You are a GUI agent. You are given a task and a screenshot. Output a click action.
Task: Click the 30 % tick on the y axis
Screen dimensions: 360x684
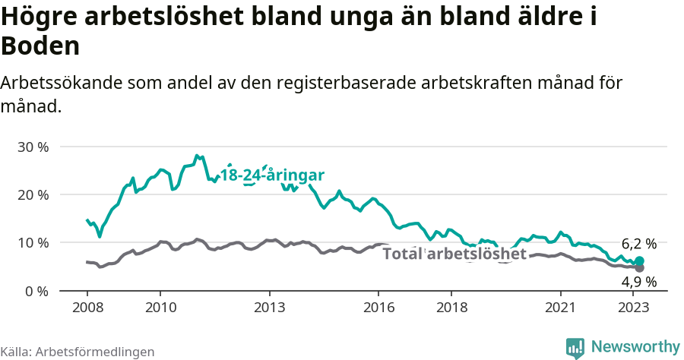pyautogui.click(x=33, y=147)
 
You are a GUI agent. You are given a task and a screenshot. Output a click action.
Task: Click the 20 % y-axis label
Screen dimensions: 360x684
pyautogui.click(x=33, y=194)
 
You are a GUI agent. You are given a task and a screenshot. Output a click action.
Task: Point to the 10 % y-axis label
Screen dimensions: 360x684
pyautogui.click(x=33, y=243)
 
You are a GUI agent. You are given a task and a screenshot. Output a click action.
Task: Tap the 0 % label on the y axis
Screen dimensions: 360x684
pyautogui.click(x=36, y=291)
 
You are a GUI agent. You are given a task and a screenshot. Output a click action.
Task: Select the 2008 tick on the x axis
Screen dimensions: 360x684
pyautogui.click(x=87, y=307)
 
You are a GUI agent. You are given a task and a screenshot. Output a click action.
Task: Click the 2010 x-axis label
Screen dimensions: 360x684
pyautogui.click(x=160, y=307)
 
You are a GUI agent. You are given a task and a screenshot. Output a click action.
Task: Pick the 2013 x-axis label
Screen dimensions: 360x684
pyautogui.click(x=269, y=307)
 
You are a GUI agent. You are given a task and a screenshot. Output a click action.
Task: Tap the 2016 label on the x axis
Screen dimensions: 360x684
pyautogui.click(x=378, y=307)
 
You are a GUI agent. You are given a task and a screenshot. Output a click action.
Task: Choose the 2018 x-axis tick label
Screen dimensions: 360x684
pyautogui.click(x=451, y=307)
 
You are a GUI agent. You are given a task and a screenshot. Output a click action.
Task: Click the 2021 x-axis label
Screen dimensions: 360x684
pyautogui.click(x=561, y=307)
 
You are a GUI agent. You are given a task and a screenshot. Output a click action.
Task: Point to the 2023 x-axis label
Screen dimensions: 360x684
pyautogui.click(x=633, y=307)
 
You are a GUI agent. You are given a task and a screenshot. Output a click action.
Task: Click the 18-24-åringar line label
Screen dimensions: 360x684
pyautogui.click(x=272, y=175)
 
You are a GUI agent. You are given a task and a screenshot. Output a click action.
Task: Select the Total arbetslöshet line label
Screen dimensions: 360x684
pyautogui.click(x=454, y=254)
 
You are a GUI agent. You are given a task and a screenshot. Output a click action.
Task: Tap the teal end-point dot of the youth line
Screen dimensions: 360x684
pyautogui.click(x=639, y=261)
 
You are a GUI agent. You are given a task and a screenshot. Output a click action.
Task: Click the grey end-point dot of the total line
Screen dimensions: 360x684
pyautogui.click(x=639, y=268)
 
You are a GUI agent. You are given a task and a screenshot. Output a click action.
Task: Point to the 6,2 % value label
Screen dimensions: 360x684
pyautogui.click(x=638, y=244)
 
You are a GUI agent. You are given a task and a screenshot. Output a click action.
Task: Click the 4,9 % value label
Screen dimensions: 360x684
pyautogui.click(x=638, y=283)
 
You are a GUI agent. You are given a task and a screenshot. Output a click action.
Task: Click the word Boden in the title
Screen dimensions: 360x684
pyautogui.click(x=41, y=46)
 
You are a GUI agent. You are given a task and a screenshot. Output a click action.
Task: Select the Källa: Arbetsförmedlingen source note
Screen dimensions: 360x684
pyautogui.click(x=78, y=352)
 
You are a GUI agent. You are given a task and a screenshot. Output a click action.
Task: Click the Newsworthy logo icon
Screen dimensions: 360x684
pyautogui.click(x=575, y=348)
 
